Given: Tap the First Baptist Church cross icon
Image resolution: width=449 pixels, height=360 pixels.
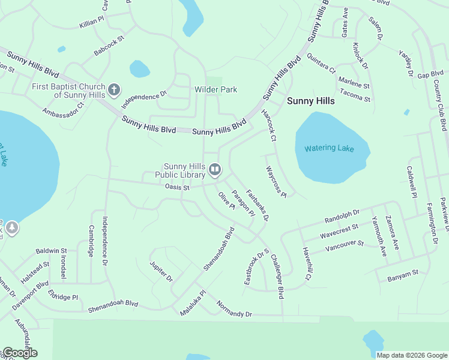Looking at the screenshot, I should tap(114, 91).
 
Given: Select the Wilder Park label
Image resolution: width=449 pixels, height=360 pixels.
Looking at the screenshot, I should tap(215, 89).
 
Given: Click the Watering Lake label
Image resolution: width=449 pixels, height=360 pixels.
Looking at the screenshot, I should tap(329, 148).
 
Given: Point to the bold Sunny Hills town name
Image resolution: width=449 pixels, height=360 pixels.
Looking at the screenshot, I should tap(310, 101).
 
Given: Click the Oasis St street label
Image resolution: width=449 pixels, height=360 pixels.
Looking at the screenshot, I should tap(177, 187).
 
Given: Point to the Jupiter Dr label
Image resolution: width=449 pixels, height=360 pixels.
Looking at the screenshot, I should tap(161, 271).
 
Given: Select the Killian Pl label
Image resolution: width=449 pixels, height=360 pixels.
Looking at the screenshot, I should tap(92, 24).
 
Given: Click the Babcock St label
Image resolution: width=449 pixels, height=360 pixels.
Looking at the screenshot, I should tap(109, 46).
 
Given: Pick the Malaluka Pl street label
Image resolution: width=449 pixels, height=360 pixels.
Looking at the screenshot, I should tap(193, 304).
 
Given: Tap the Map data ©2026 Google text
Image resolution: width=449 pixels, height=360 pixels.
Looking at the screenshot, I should tap(412, 355).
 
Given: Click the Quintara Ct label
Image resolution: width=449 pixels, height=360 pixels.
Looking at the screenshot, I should tap(321, 64).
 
